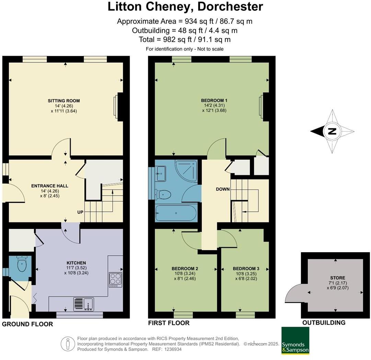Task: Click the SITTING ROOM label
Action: coord(63,101)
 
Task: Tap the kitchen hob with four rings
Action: coord(116,280)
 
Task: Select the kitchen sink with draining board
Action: coord(84,304)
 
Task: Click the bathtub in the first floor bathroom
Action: coord(176,213)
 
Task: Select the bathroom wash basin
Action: coord(161,174)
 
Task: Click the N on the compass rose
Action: coord(332,131)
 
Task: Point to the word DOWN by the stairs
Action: coord(223,189)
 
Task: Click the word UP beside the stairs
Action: coord(80,212)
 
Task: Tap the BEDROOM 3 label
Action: coord(246,269)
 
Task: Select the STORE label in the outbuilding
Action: coord(338,278)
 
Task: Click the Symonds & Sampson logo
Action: coord(295,340)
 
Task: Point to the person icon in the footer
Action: coord(68,344)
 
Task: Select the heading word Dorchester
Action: coord(230,7)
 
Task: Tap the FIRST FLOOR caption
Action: coord(169,323)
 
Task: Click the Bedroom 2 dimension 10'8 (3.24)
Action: coord(185,274)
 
